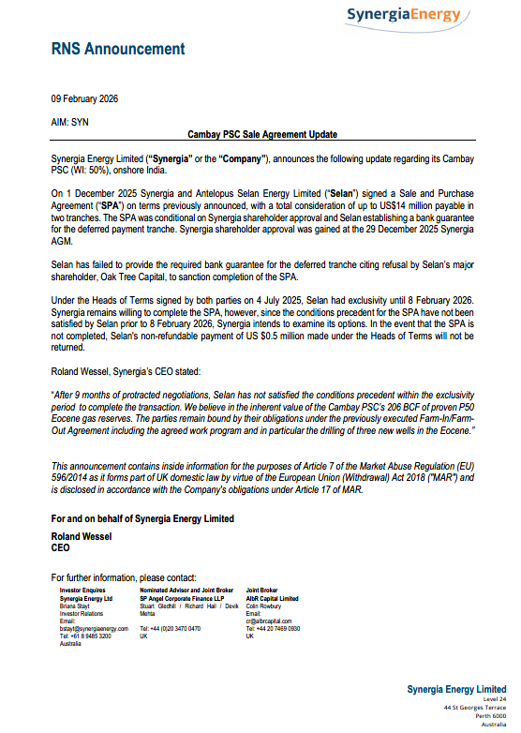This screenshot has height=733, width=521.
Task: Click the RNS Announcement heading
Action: [118, 50]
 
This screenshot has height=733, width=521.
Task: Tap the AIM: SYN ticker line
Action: [70, 122]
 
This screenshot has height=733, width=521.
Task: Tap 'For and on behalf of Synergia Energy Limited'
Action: [142, 518]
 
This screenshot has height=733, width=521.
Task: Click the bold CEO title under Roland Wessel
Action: [61, 547]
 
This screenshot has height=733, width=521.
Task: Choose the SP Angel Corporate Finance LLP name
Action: [182, 597]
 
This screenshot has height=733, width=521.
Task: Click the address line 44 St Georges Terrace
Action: [475, 705]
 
